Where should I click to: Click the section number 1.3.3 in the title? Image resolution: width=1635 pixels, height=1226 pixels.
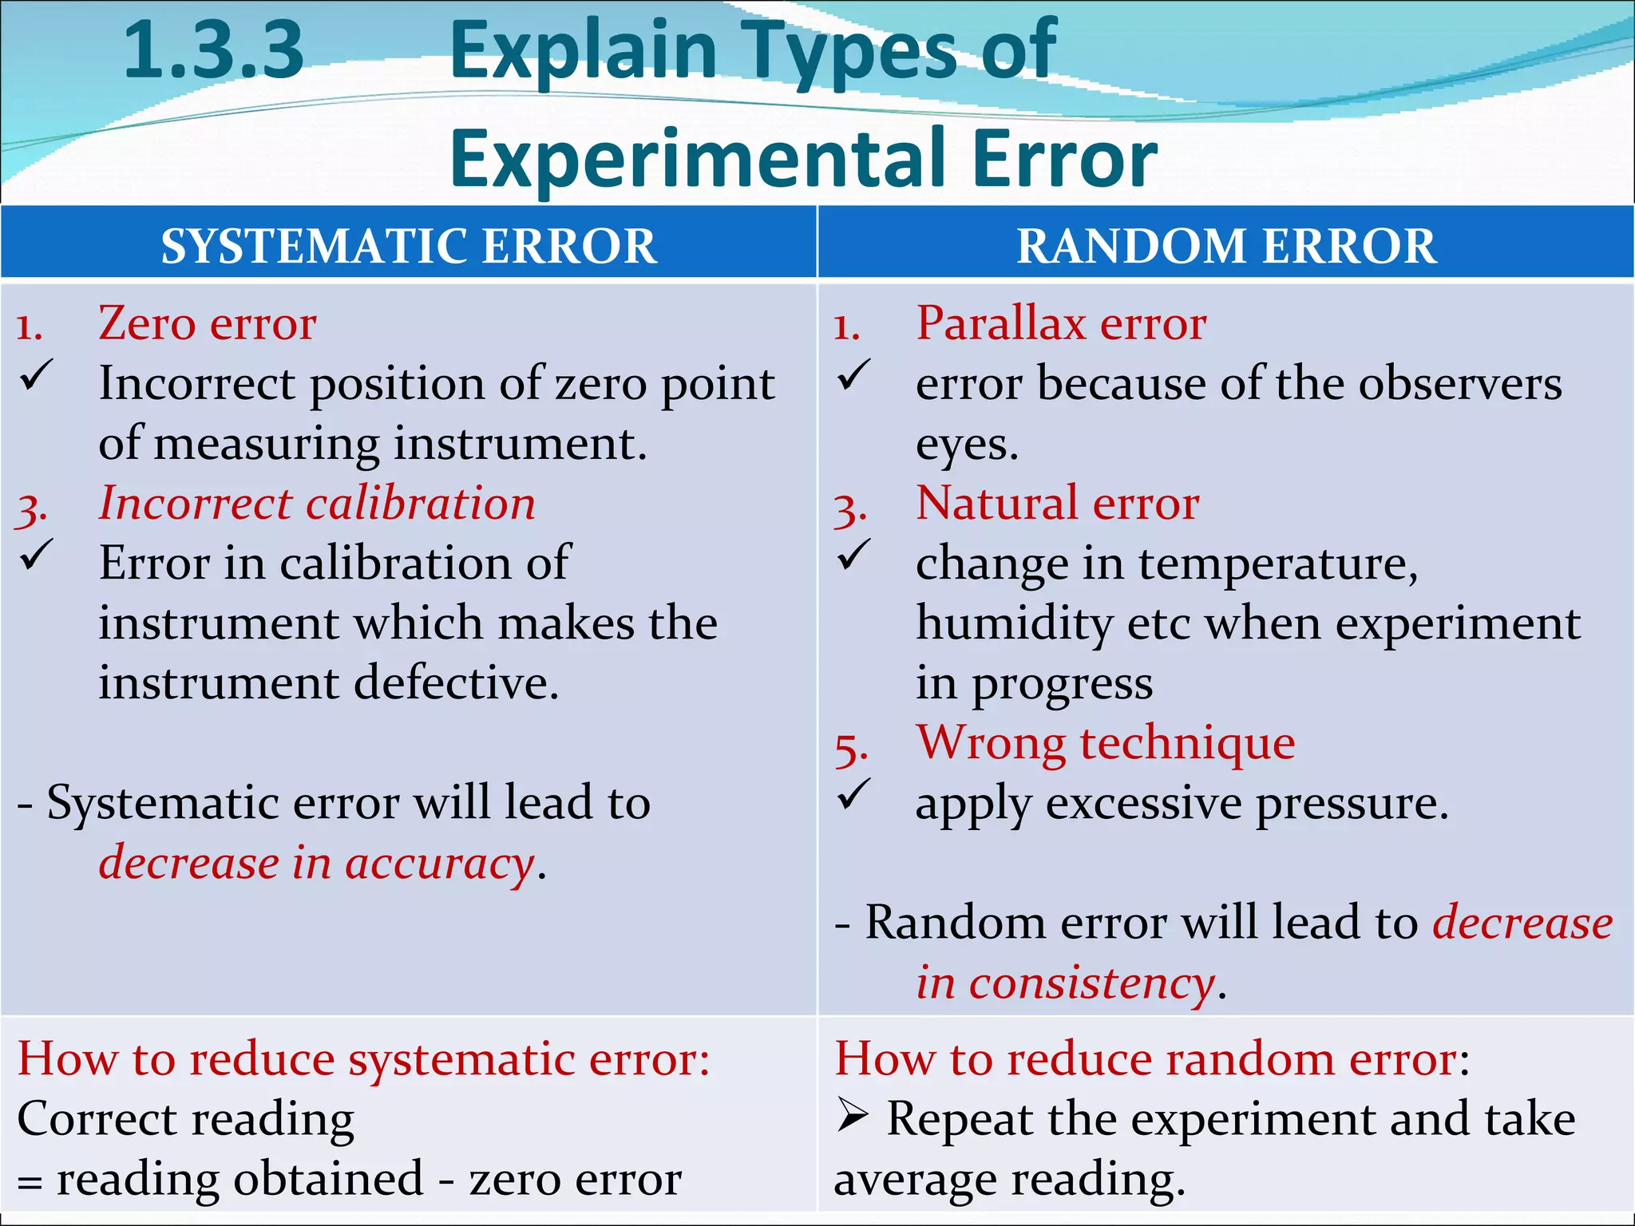click(x=214, y=52)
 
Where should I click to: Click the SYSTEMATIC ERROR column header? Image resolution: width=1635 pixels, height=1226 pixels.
click(x=409, y=245)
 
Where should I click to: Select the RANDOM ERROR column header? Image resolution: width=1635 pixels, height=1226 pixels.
click(x=1226, y=245)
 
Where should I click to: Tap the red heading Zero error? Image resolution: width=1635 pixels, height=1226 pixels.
click(x=208, y=323)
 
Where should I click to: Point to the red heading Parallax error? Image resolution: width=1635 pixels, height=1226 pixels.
click(x=1061, y=323)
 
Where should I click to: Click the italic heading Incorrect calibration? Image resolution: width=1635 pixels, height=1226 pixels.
click(x=317, y=504)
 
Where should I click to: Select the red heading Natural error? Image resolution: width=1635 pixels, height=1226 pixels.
click(x=1057, y=504)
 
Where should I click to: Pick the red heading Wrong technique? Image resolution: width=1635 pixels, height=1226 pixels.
click(x=1105, y=743)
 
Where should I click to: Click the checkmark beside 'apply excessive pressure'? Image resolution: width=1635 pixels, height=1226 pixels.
click(x=853, y=795)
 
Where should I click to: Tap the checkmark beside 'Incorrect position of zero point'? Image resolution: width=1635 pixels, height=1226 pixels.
click(x=37, y=375)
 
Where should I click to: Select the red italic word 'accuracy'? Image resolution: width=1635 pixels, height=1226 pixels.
click(x=440, y=864)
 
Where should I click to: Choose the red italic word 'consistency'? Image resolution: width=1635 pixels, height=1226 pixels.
click(x=1092, y=983)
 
